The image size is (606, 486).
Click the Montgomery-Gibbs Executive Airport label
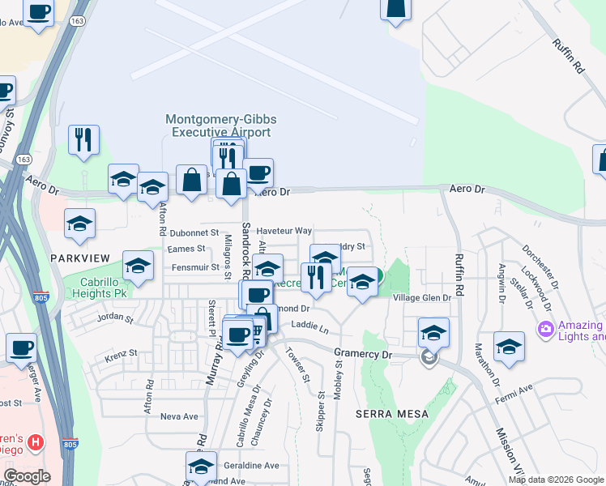click(218, 125)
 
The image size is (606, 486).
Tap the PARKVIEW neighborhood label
click(79, 257)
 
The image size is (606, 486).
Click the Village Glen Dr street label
click(421, 298)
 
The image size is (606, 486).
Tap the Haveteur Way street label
click(284, 231)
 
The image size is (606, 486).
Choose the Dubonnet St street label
click(194, 232)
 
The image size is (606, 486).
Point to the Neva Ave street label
click(179, 416)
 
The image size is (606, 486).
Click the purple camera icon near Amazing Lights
click(545, 329)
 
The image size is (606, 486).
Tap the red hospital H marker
click(35, 442)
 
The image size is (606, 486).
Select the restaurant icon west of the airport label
click(83, 140)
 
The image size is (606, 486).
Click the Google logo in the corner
click(27, 476)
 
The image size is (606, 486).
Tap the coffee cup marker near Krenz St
click(22, 347)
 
